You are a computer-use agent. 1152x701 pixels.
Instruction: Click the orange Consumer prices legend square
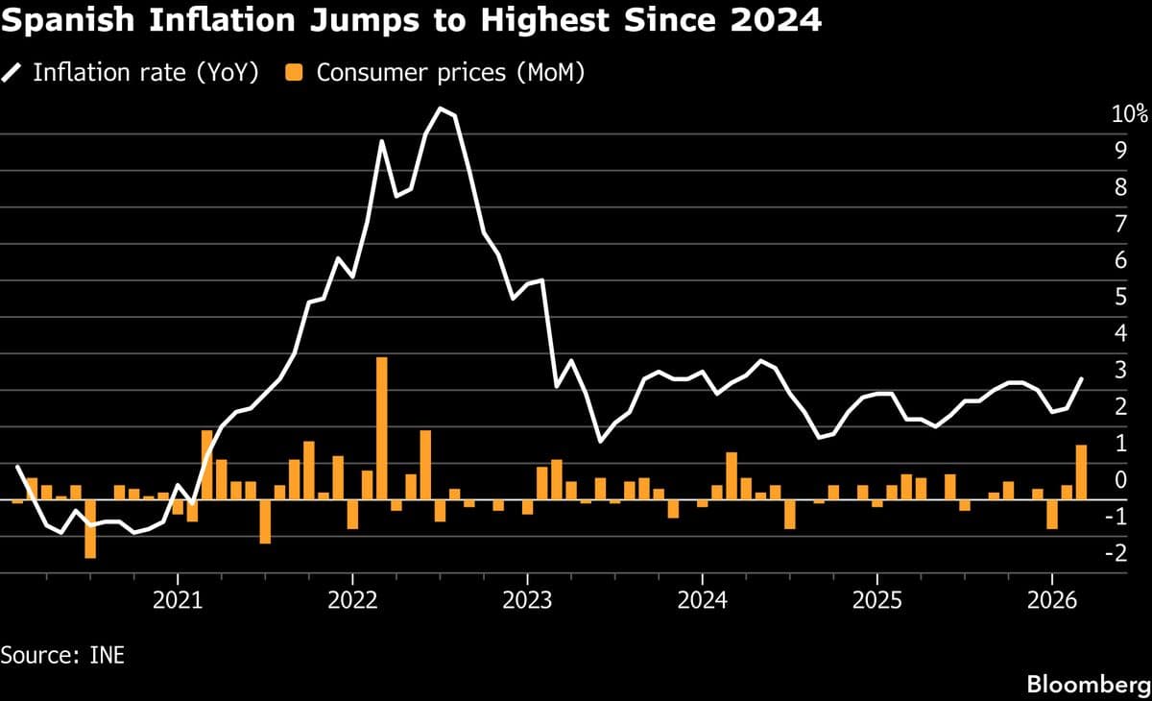(x=296, y=73)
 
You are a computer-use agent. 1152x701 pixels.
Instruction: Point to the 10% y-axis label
(x=1129, y=114)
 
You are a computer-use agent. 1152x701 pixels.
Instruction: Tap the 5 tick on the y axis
(x=1119, y=297)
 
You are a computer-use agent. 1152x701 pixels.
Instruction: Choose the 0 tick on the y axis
(x=1119, y=479)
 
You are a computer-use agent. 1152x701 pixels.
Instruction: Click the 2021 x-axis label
(x=178, y=601)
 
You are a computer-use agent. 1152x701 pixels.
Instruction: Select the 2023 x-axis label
(x=527, y=601)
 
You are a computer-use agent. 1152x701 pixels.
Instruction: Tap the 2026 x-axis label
(x=1051, y=601)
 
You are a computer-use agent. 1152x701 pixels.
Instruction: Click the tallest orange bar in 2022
(x=381, y=428)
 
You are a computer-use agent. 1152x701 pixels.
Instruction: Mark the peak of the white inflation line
(x=440, y=109)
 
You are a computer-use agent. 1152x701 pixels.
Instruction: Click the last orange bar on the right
(x=1081, y=472)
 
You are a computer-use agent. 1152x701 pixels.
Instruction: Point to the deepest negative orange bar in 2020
(x=90, y=528)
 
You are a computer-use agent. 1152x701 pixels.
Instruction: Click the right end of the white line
(x=1082, y=379)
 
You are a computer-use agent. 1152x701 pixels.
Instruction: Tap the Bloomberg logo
(x=1088, y=684)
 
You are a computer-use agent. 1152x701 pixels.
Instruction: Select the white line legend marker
(x=13, y=73)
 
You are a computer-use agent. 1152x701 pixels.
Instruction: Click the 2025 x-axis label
(x=876, y=601)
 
